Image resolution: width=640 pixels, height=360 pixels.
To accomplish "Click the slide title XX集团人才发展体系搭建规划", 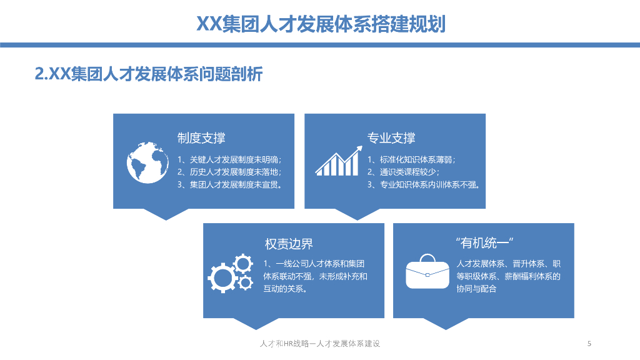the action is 321,24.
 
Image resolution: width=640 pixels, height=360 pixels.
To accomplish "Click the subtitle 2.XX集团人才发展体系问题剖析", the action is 149,74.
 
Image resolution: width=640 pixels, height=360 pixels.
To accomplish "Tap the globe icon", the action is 147,162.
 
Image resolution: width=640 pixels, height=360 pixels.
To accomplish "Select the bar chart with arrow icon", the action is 339,161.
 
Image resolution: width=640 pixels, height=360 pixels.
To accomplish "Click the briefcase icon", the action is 427,271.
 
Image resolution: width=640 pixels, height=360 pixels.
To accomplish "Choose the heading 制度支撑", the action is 201,138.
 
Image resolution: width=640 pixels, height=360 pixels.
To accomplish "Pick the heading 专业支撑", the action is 391,138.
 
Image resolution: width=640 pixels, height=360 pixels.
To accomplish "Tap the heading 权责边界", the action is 289,244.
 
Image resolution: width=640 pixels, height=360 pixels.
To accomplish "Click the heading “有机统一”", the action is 484,243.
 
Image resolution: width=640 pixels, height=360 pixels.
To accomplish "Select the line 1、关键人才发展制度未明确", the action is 229,159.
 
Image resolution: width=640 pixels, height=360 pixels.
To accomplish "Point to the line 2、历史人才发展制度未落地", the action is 229,172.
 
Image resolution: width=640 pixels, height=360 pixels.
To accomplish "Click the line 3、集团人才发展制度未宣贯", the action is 230,184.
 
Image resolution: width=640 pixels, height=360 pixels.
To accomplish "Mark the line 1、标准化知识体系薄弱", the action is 411,159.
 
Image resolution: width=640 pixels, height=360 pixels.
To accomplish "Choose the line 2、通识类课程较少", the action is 403,172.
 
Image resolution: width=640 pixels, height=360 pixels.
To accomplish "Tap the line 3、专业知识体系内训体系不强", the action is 424,184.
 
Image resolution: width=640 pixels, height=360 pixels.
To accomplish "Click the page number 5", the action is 589,344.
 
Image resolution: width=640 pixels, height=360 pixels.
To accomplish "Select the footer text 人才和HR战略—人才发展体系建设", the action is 320,344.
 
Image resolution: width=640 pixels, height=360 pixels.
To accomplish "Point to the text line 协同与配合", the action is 476,289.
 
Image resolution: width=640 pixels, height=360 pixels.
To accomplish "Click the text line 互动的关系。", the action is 285,289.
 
